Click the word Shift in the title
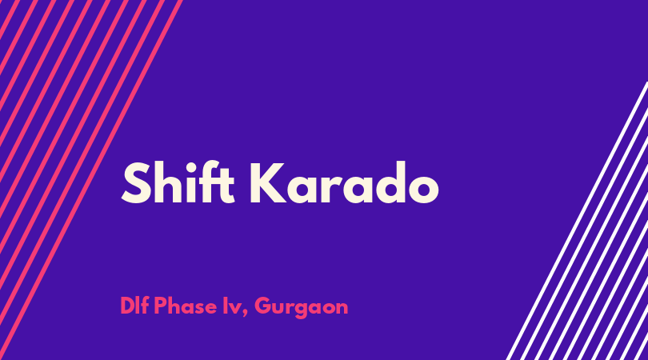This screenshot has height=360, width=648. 178,182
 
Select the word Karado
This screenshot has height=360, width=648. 344,182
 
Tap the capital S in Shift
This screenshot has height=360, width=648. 136,183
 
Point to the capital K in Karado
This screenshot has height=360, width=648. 268,183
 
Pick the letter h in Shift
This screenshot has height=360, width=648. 170,182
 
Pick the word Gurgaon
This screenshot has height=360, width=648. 302,308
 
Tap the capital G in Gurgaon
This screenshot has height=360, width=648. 264,306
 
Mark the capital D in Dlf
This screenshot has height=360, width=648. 128,306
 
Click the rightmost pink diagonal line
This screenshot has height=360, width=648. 90,180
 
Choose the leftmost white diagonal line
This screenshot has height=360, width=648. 577,221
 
